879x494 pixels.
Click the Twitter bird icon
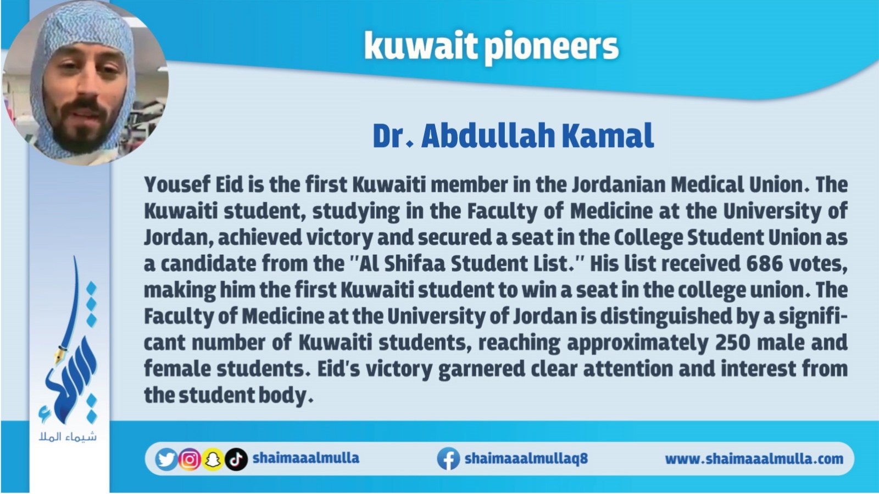point(166,459)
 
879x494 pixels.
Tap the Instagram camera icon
point(190,459)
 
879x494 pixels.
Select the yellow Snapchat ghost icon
point(213,459)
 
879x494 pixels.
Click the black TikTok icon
point(236,459)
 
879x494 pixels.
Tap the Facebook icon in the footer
point(448,459)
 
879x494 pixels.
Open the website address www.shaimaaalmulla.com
point(754,459)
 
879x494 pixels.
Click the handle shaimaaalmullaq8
point(526,458)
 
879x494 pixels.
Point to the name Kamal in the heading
point(608,136)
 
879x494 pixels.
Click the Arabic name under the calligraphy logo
point(68,437)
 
